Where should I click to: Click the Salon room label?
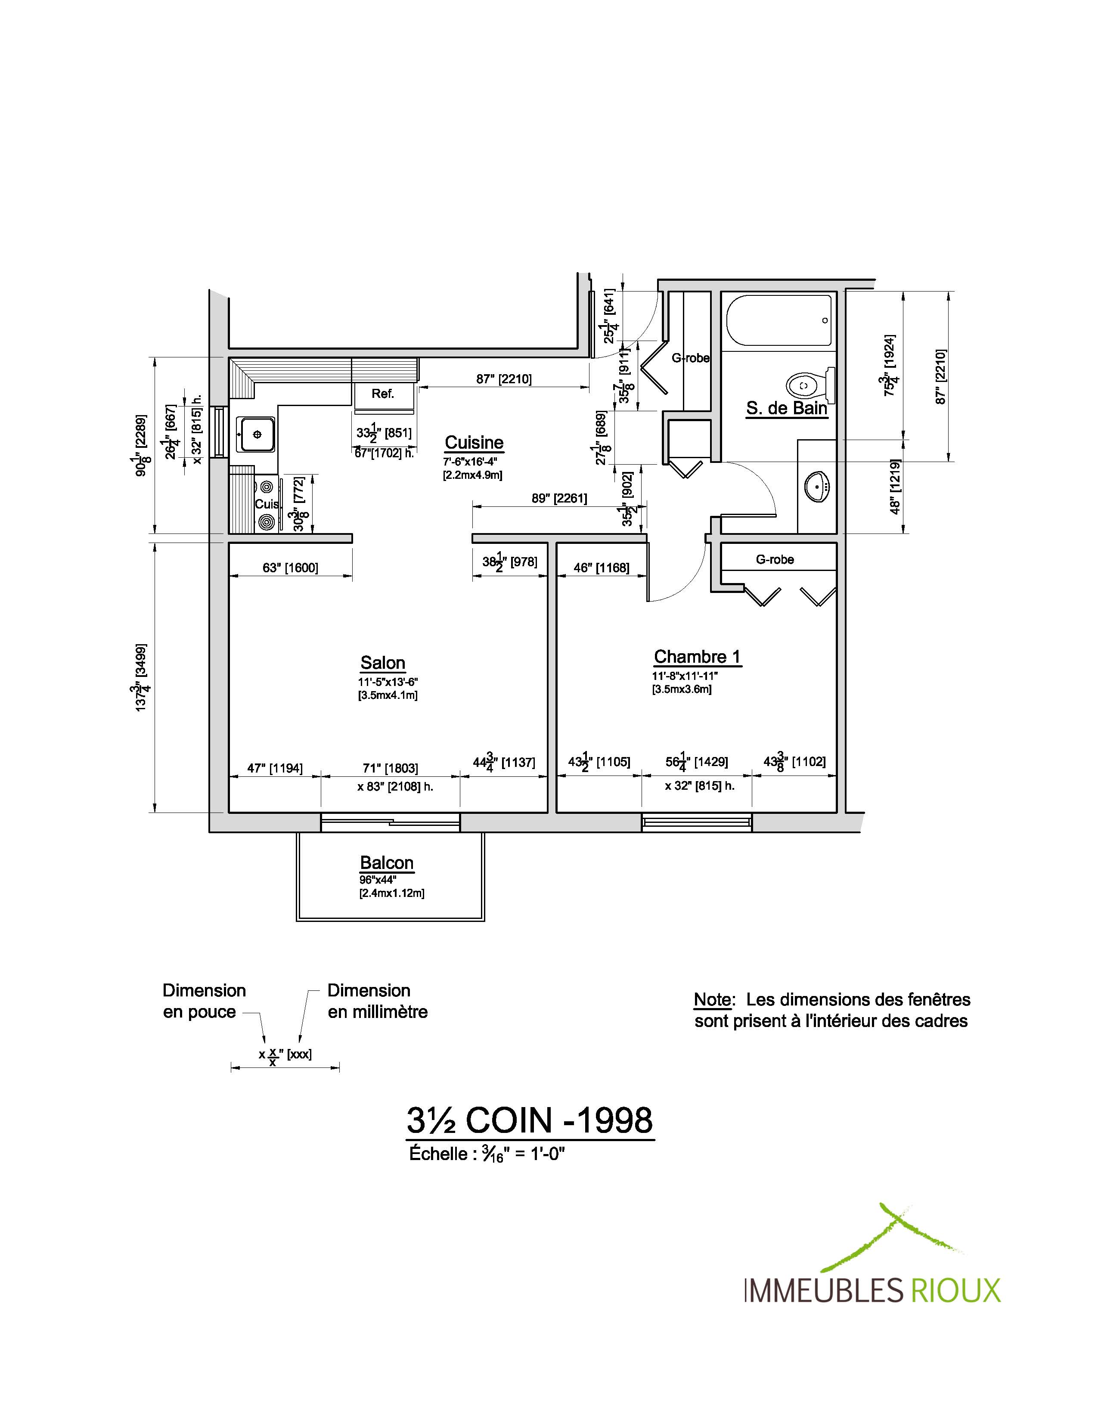(x=383, y=663)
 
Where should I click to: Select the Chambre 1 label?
(x=697, y=657)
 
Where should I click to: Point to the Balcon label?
(x=387, y=863)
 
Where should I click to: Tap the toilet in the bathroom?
(x=810, y=385)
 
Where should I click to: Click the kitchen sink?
(x=257, y=434)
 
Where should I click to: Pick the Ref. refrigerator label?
(x=383, y=394)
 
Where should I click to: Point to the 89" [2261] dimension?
(x=559, y=498)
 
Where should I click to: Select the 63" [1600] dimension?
(x=290, y=568)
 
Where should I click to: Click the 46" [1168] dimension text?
(x=602, y=568)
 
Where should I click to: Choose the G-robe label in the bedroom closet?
(x=775, y=559)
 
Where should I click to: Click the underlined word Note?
(x=713, y=999)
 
